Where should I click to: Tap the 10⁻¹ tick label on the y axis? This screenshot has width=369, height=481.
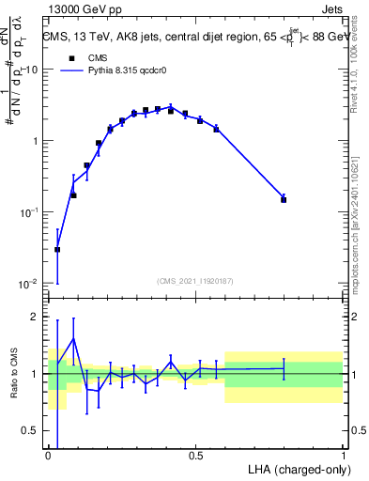[x=30, y=213]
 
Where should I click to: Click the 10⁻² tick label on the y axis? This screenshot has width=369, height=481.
[x=30, y=284]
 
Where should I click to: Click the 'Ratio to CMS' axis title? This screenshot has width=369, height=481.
[x=15, y=373]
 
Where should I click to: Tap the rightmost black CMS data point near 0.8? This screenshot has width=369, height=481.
[x=284, y=199]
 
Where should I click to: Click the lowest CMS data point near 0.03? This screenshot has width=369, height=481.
[x=57, y=250]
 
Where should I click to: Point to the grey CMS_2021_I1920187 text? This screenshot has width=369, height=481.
[x=195, y=281]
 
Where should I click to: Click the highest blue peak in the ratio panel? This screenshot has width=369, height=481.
[x=73, y=339]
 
